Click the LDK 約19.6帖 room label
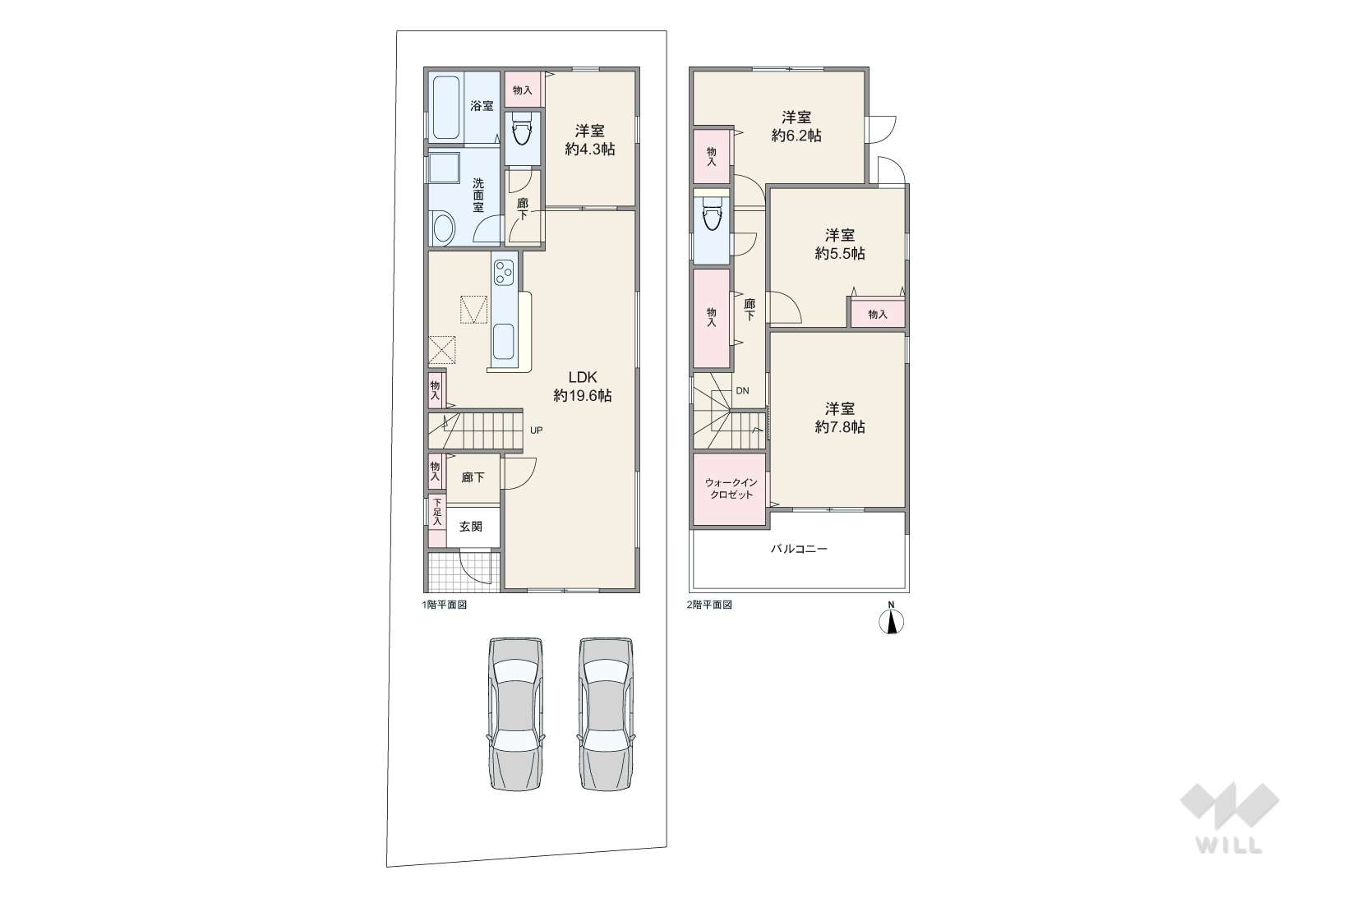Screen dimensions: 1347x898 pyautogui.click(x=583, y=386)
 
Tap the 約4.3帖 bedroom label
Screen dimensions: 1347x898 pyautogui.click(x=590, y=140)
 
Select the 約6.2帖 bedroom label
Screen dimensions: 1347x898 pyautogui.click(x=796, y=127)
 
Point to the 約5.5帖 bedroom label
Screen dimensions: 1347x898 pyautogui.click(x=840, y=245)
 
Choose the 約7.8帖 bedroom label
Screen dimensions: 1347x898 pyautogui.click(x=840, y=418)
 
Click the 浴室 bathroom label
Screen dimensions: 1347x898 pyautogui.click(x=482, y=106)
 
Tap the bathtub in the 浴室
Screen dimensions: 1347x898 pyautogui.click(x=446, y=107)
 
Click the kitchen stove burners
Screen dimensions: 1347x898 pyautogui.click(x=504, y=274)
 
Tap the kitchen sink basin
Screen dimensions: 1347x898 pyautogui.click(x=504, y=343)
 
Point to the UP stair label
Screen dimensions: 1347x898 pyautogui.click(x=537, y=431)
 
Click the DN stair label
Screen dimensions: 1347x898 pyautogui.click(x=743, y=391)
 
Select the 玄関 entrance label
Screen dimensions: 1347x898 pyautogui.click(x=471, y=527)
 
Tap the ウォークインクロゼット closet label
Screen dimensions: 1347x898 pyautogui.click(x=731, y=489)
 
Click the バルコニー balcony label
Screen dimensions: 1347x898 pyautogui.click(x=799, y=549)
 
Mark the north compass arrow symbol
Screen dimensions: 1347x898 pyautogui.click(x=892, y=621)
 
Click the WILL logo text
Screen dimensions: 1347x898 pyautogui.click(x=1229, y=845)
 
